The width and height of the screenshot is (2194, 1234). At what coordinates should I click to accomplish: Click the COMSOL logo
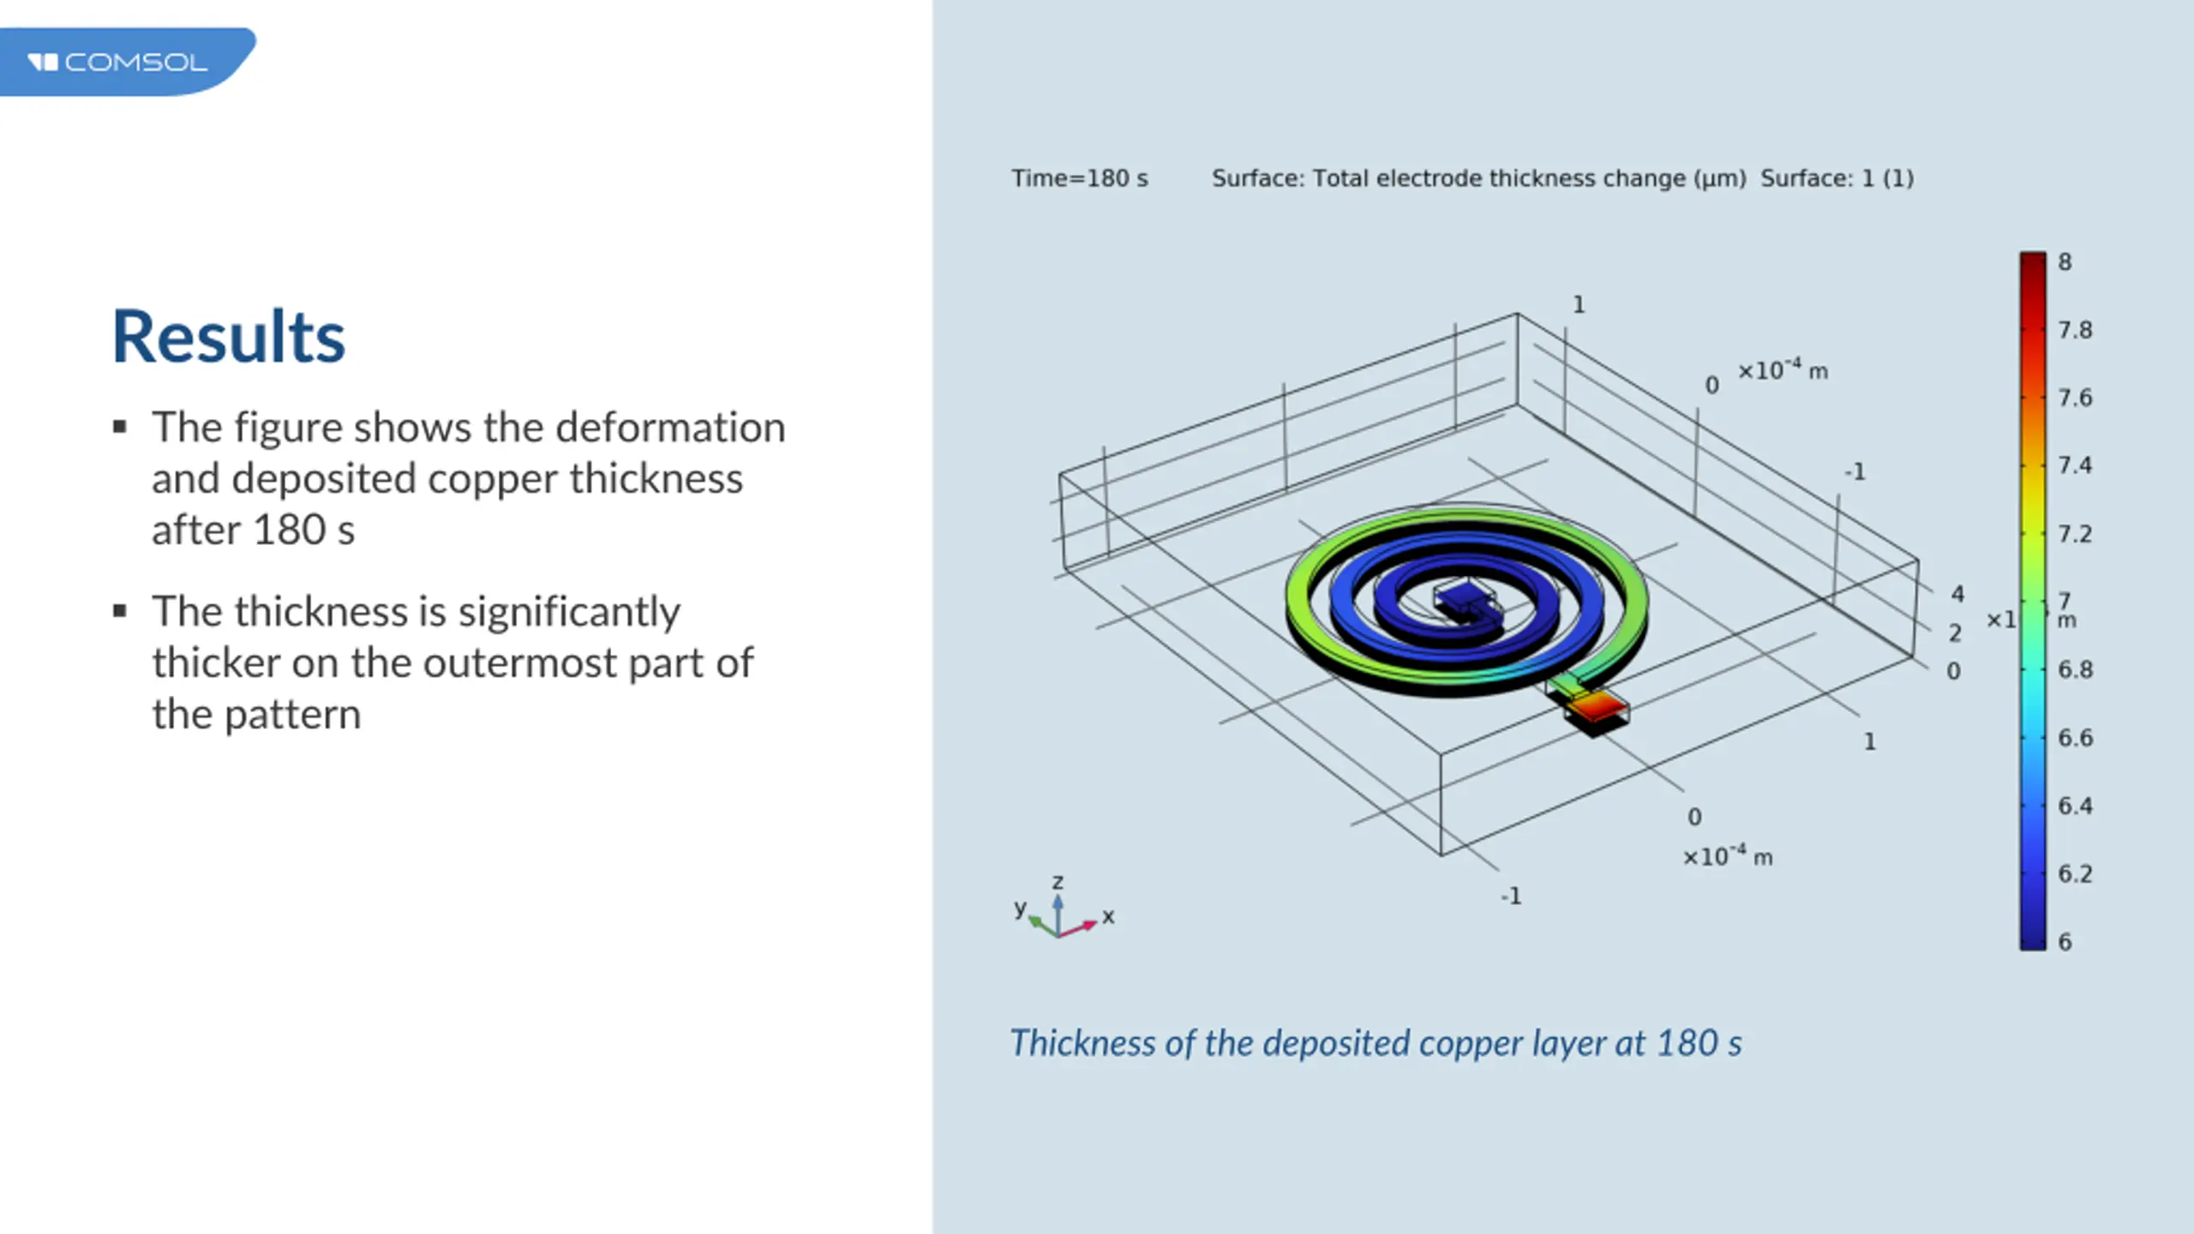pyautogui.click(x=117, y=63)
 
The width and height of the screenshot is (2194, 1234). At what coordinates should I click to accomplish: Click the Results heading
pyautogui.click(x=229, y=337)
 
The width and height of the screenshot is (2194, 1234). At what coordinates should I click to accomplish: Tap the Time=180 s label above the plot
pyautogui.click(x=1079, y=178)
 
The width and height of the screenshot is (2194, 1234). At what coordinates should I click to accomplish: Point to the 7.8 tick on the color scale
pyautogui.click(x=2075, y=330)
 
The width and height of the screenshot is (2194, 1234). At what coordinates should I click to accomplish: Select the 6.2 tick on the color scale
pyautogui.click(x=2075, y=874)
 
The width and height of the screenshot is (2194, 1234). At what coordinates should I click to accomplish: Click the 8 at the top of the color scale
pyautogui.click(x=2065, y=262)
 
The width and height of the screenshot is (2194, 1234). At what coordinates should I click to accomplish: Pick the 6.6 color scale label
pyautogui.click(x=2075, y=738)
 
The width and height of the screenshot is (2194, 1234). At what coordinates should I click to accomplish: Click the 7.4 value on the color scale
pyautogui.click(x=2075, y=465)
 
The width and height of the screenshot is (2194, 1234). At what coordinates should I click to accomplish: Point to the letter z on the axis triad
pyautogui.click(x=1058, y=882)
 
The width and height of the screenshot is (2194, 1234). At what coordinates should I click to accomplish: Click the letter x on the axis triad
pyautogui.click(x=1108, y=916)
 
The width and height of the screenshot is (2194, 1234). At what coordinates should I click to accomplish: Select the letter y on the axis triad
pyautogui.click(x=1020, y=908)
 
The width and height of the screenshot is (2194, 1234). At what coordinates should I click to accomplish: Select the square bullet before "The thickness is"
pyautogui.click(x=120, y=611)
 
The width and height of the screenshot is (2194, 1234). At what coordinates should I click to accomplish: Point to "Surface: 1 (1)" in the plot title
pyautogui.click(x=1837, y=178)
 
